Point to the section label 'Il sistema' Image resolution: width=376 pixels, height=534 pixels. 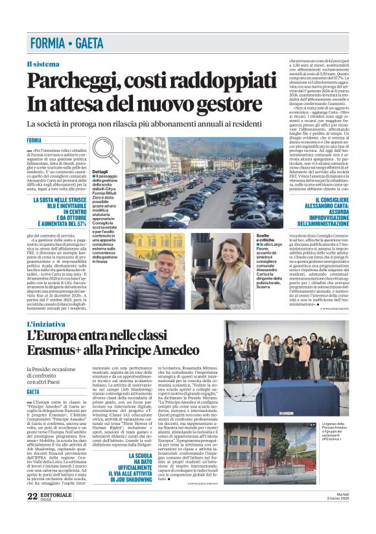click(x=43, y=64)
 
